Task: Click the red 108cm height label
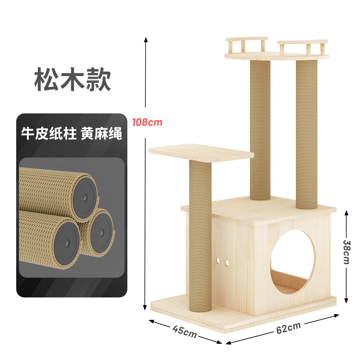click(x=147, y=122)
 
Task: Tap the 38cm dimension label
click(x=346, y=252)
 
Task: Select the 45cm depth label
click(x=184, y=331)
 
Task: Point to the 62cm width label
click(x=288, y=328)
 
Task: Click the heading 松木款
click(x=72, y=79)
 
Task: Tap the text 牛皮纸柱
click(x=49, y=133)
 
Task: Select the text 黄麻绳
click(x=101, y=133)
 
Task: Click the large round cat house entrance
click(x=292, y=262)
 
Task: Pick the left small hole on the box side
click(x=218, y=261)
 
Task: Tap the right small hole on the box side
click(x=226, y=263)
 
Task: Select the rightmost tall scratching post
click(x=307, y=134)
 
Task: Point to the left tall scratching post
click(x=260, y=130)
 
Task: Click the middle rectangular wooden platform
click(x=201, y=152)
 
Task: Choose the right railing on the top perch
click(x=302, y=47)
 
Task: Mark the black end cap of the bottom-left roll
click(x=67, y=243)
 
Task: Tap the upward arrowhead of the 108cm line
click(x=145, y=40)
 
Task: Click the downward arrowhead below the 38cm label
click(x=346, y=300)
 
